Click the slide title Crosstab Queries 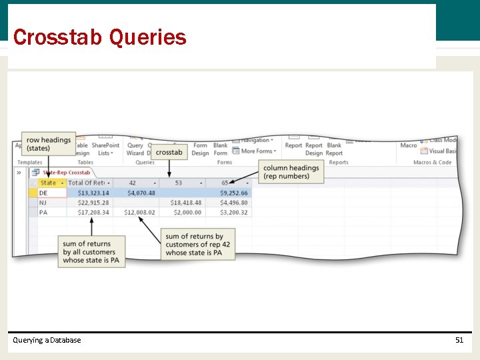pos(99,37)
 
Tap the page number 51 pos(459,340)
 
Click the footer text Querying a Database pos(47,340)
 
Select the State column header pos(48,183)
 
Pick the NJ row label pos(43,203)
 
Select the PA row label pos(43,213)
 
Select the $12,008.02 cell pos(139,213)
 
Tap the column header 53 pos(179,183)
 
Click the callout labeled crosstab pos(169,152)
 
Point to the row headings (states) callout pos(48,144)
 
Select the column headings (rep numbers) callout pos(290,172)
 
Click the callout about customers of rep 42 pos(197,245)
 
